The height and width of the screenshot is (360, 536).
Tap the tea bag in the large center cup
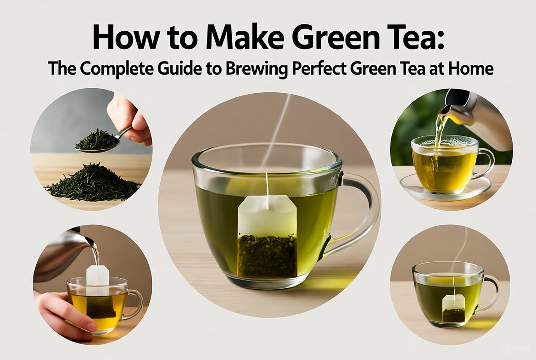click(x=268, y=236)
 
